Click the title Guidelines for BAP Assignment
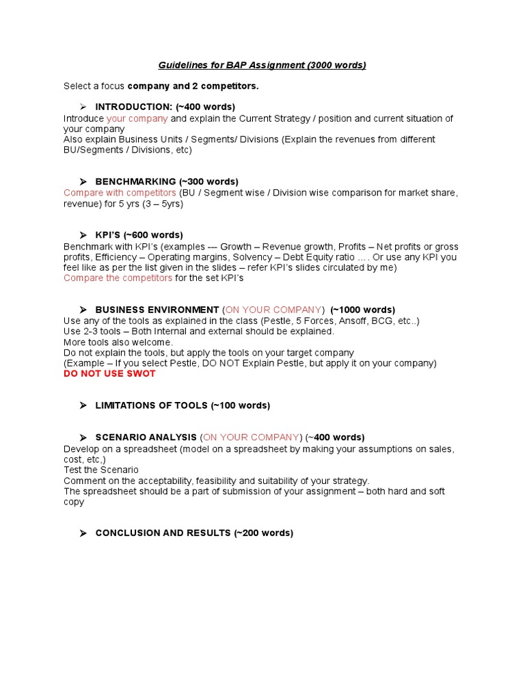click(x=262, y=66)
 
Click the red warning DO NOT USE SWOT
click(x=109, y=374)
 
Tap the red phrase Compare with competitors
click(x=120, y=193)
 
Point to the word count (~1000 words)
click(x=362, y=310)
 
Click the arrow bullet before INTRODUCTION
click(x=83, y=107)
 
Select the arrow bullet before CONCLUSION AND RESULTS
click(x=83, y=533)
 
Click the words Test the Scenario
click(x=100, y=470)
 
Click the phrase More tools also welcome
click(x=118, y=342)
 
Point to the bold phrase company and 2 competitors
click(x=193, y=86)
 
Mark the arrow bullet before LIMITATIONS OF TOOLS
click(x=83, y=405)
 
